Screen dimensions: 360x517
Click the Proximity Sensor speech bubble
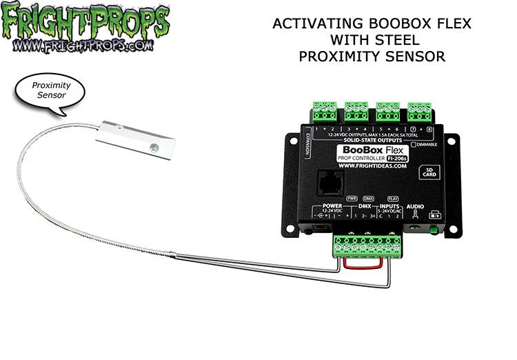[x=48, y=90]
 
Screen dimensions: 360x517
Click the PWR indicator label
[x=352, y=198]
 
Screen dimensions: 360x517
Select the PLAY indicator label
[x=393, y=198]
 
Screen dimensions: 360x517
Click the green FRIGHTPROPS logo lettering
[x=85, y=22]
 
